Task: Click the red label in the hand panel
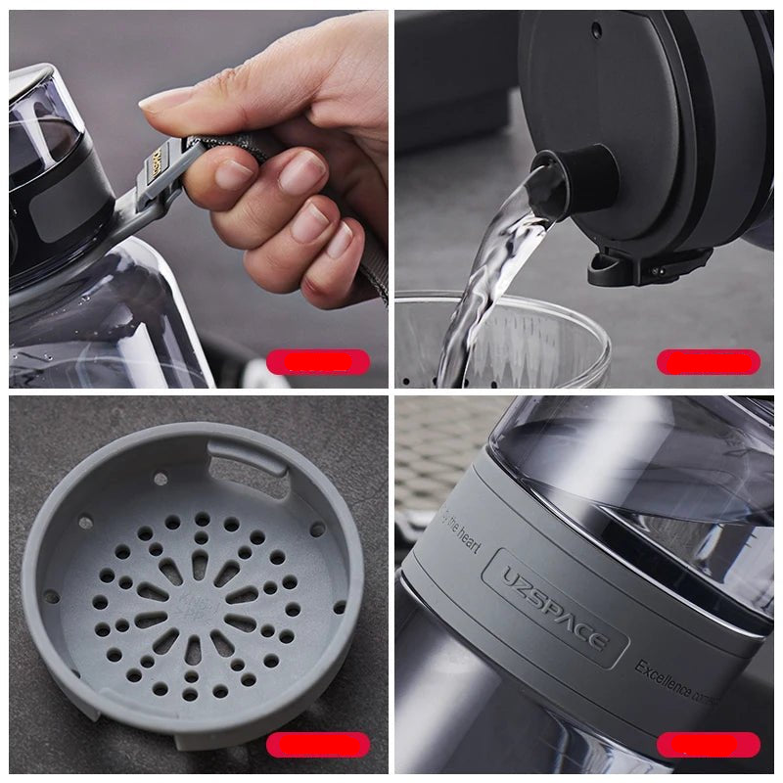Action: pos(318,362)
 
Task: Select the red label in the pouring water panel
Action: pos(708,362)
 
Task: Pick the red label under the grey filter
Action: pos(318,745)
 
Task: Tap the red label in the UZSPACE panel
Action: pos(708,745)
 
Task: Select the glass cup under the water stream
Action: pos(548,343)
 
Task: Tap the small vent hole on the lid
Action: pos(594,31)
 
